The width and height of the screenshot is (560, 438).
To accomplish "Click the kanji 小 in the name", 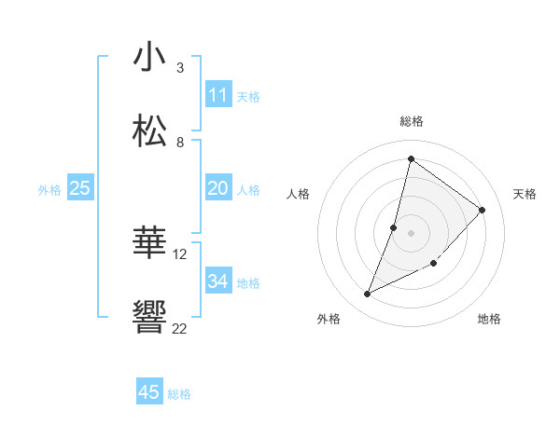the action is click(x=149, y=58).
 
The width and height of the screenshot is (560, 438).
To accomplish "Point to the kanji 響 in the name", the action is click(x=149, y=318).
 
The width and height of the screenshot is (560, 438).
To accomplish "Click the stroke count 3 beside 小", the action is click(x=180, y=68).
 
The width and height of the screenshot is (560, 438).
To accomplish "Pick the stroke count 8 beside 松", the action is click(x=180, y=143).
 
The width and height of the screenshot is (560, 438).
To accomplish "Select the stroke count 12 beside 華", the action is click(x=180, y=253).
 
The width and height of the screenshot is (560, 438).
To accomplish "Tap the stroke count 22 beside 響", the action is click(x=180, y=328).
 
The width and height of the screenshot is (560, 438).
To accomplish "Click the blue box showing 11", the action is click(x=218, y=95).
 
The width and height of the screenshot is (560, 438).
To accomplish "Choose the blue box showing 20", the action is click(x=218, y=188).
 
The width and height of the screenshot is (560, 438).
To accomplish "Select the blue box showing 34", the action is click(x=218, y=281).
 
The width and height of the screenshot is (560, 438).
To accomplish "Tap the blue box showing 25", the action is click(x=80, y=188).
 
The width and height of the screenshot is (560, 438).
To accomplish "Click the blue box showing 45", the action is click(x=149, y=392).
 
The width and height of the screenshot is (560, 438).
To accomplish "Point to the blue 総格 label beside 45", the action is click(x=179, y=394).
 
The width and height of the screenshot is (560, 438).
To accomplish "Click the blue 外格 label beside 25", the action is click(x=49, y=190).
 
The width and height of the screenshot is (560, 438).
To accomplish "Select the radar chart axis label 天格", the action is click(x=525, y=194).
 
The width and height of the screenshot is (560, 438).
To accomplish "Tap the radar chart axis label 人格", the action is click(x=299, y=194).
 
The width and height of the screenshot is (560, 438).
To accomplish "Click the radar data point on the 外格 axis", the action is click(x=368, y=294).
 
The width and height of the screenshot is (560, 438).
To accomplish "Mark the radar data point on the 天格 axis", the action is click(x=483, y=210).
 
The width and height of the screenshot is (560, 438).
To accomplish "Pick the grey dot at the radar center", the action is click(x=412, y=233).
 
